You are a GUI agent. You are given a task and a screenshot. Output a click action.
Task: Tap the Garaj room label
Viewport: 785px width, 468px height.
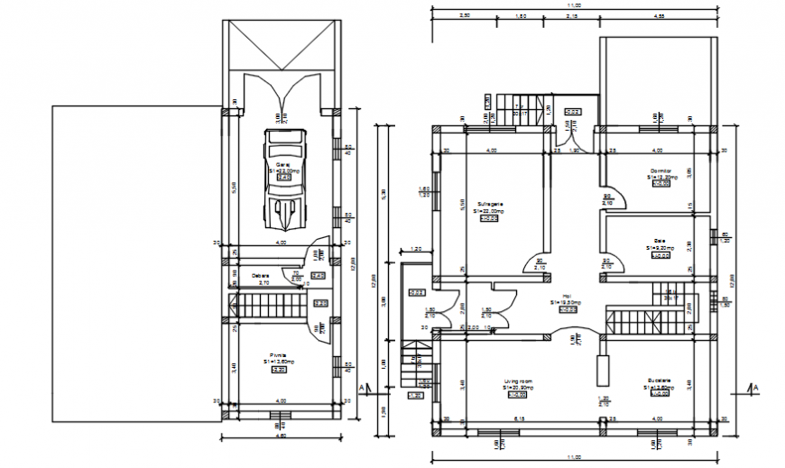[x=282, y=165]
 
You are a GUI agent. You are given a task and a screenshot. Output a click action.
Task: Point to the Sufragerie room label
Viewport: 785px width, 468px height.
[x=490, y=204]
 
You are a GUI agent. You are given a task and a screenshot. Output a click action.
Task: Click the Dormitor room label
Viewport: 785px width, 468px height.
[x=661, y=171]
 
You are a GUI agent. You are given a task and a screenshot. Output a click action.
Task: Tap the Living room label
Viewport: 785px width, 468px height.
[x=518, y=381]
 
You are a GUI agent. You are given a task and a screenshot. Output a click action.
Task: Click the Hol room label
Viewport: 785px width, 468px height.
[x=568, y=296]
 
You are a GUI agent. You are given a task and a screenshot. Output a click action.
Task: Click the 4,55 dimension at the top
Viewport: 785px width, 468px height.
[x=660, y=16]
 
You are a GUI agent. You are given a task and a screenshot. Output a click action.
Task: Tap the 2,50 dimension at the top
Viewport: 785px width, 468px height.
[x=464, y=16]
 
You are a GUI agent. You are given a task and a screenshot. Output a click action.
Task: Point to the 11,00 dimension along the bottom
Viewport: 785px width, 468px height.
[x=575, y=458]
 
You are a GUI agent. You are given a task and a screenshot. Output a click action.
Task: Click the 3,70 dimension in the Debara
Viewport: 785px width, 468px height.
[x=264, y=283]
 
